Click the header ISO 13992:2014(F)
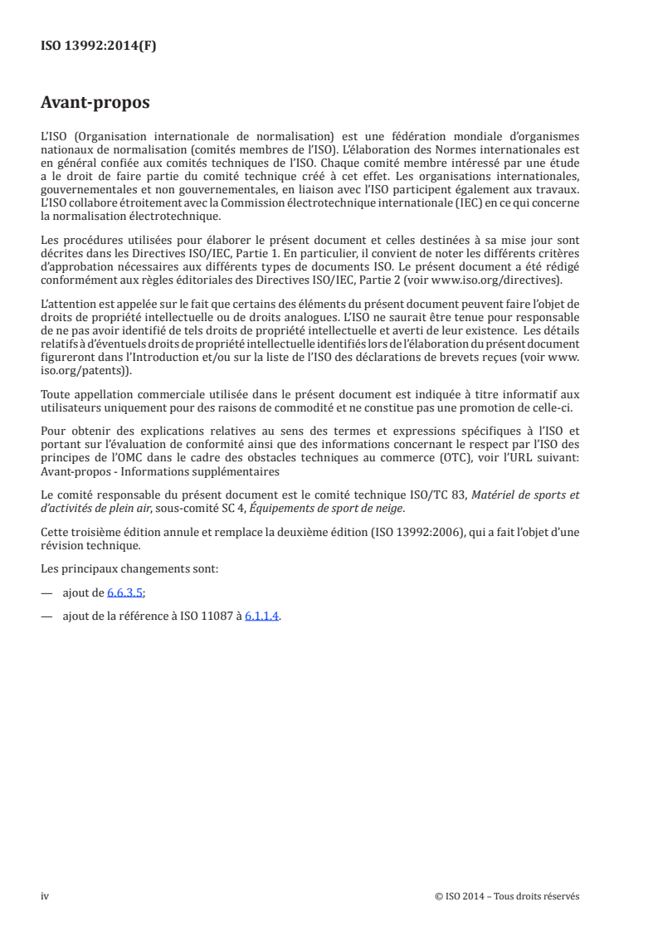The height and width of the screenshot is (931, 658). pos(98,46)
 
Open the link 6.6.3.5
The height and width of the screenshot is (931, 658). pos(124,593)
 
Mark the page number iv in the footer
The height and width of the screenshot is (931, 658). pos(46,895)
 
